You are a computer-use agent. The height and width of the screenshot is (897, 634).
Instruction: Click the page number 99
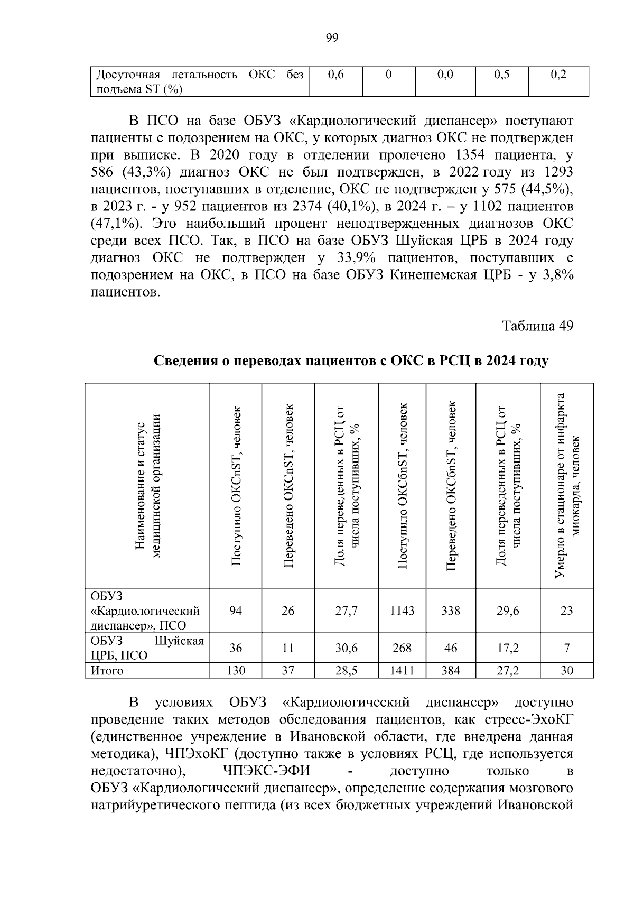[x=332, y=38]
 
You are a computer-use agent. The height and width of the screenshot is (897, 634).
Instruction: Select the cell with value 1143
[x=402, y=611]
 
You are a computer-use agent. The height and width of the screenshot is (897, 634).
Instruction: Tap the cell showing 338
[x=451, y=611]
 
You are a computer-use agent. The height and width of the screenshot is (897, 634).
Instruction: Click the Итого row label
[x=107, y=671]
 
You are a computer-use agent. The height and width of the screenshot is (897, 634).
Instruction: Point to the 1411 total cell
[x=402, y=671]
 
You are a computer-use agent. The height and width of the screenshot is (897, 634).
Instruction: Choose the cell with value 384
[x=451, y=671]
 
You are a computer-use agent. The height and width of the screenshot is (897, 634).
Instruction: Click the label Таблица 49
[x=537, y=326]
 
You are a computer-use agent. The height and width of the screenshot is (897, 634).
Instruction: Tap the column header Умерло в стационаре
[x=567, y=485]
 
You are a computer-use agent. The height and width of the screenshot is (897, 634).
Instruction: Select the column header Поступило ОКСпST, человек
[x=236, y=485]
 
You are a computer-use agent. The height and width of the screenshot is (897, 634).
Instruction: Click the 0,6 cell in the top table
[x=335, y=75]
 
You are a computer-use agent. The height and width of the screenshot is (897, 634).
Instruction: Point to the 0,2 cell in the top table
[x=558, y=75]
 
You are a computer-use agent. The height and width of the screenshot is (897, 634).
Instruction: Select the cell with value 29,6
[x=508, y=611]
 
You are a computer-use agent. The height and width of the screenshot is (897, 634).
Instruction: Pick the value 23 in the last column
[x=566, y=611]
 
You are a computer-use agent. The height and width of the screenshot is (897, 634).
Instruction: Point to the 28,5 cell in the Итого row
[x=347, y=671]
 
